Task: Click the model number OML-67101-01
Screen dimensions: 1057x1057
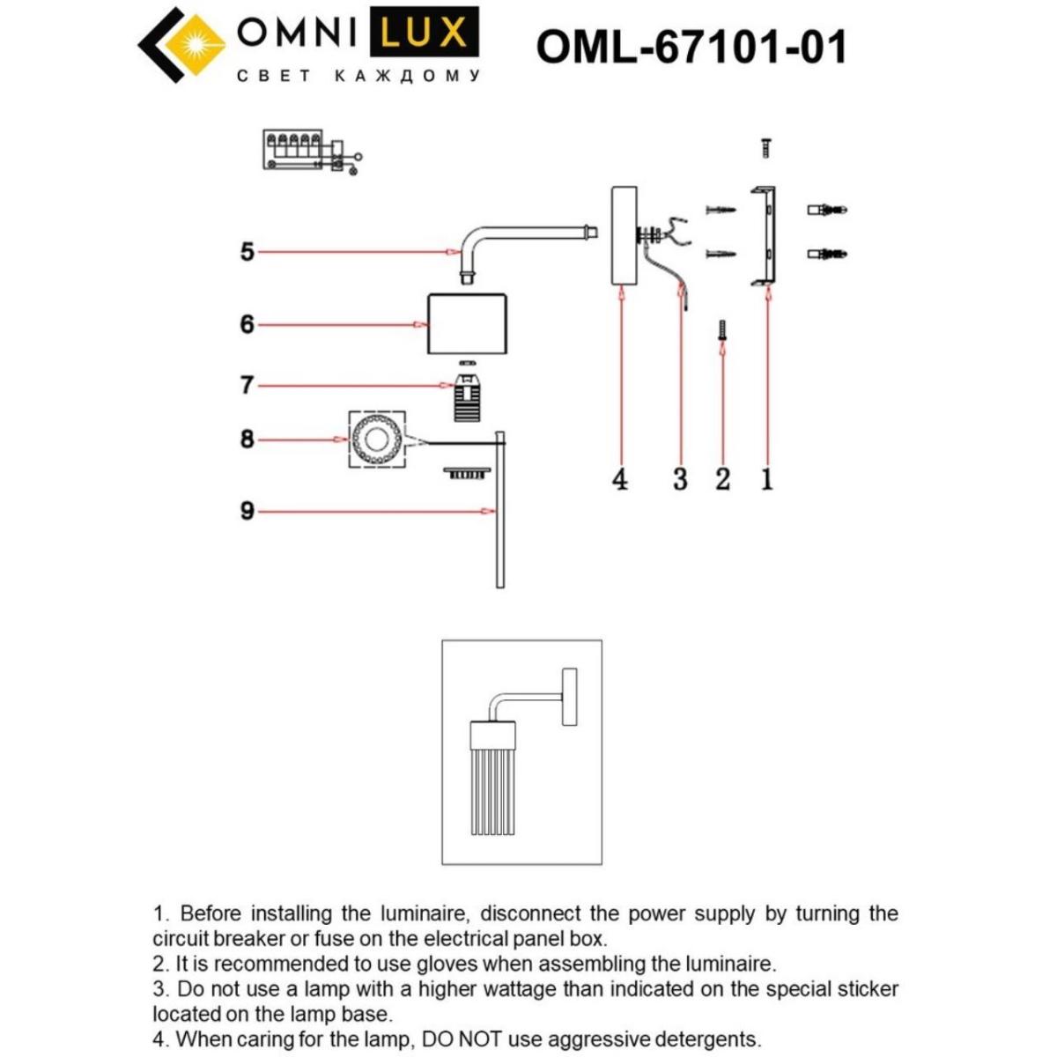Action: pos(691,47)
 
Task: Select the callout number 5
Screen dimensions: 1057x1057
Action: pos(248,252)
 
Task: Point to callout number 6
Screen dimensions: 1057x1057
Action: pos(248,325)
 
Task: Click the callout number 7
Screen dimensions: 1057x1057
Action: pos(248,385)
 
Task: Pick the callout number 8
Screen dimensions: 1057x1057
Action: pos(248,439)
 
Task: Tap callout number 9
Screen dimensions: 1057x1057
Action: pos(248,511)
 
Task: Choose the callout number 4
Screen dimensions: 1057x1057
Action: pos(620,480)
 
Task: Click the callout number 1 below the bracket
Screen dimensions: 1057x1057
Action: pos(767,480)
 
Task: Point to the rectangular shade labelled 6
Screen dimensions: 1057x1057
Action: pos(467,323)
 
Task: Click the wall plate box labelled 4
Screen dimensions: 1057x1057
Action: pos(624,235)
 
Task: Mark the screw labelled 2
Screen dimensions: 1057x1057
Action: pos(722,331)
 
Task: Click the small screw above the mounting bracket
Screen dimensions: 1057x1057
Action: pos(765,147)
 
